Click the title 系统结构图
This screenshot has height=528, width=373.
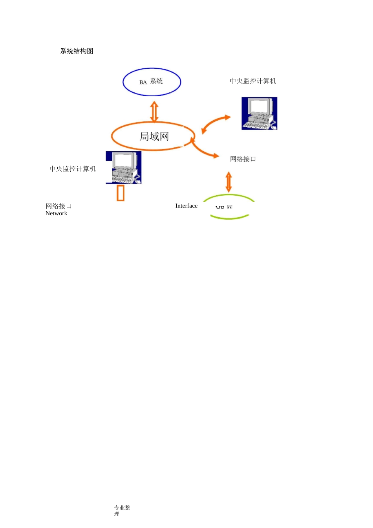point(77,51)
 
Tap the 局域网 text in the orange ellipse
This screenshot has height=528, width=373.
point(154,136)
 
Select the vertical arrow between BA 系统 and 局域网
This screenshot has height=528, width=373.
point(154,112)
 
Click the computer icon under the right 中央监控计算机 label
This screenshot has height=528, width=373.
point(259,114)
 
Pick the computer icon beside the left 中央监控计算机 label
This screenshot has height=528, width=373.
point(124,168)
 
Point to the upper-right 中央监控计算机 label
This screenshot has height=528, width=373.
point(253,81)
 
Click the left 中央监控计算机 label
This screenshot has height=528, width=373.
point(73,169)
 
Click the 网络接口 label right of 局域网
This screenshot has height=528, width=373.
point(243,159)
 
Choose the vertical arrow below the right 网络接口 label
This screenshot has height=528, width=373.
point(229,181)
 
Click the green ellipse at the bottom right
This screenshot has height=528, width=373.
point(229,216)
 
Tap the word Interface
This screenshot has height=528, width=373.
point(186,206)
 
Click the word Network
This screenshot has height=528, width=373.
point(56,213)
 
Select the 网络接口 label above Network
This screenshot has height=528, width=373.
point(59,206)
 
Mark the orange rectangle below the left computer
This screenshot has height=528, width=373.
point(121,193)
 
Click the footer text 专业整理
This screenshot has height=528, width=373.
point(122,510)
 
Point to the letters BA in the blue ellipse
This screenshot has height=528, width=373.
point(143,82)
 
